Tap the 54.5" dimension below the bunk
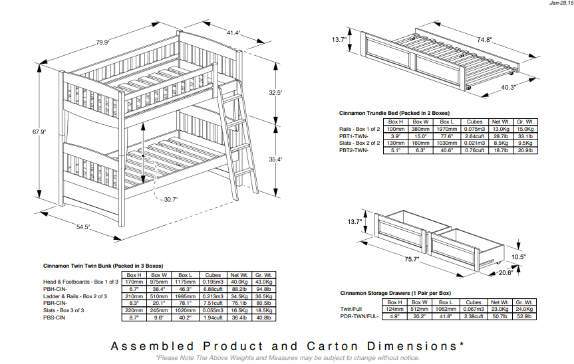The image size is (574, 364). [x=83, y=227]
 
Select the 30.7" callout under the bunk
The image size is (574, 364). [x=171, y=199]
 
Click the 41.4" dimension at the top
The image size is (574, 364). [x=233, y=33]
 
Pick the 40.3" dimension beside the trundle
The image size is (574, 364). [x=509, y=87]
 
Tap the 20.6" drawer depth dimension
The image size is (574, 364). [x=507, y=272]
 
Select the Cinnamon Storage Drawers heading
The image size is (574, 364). [x=395, y=293]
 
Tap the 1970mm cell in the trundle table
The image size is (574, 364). [x=446, y=129]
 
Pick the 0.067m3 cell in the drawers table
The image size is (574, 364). [x=474, y=309]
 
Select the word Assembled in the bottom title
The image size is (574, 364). [x=152, y=347]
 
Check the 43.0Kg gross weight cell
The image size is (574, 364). [x=263, y=282]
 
